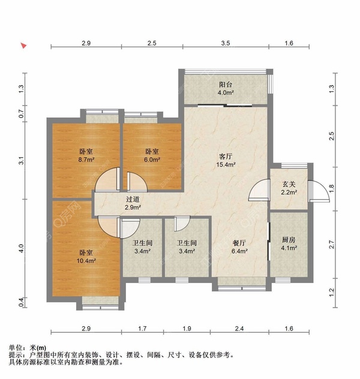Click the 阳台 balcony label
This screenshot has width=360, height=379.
pos(226,85)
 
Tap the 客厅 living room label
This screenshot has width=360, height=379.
pos(226,156)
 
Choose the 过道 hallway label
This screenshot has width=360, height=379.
pos(133,199)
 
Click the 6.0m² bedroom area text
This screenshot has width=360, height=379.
pos(152,160)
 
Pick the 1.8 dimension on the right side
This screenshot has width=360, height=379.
pos(332,189)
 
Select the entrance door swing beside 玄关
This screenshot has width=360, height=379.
pos(259,191)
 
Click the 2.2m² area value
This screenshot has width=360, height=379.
pos(289,192)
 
